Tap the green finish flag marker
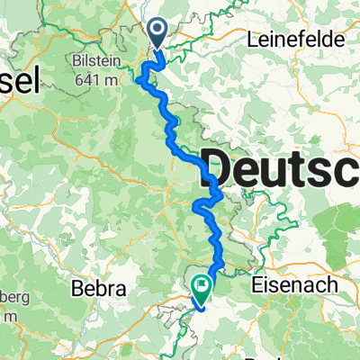pos(202,284)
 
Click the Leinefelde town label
pos(290,40)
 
